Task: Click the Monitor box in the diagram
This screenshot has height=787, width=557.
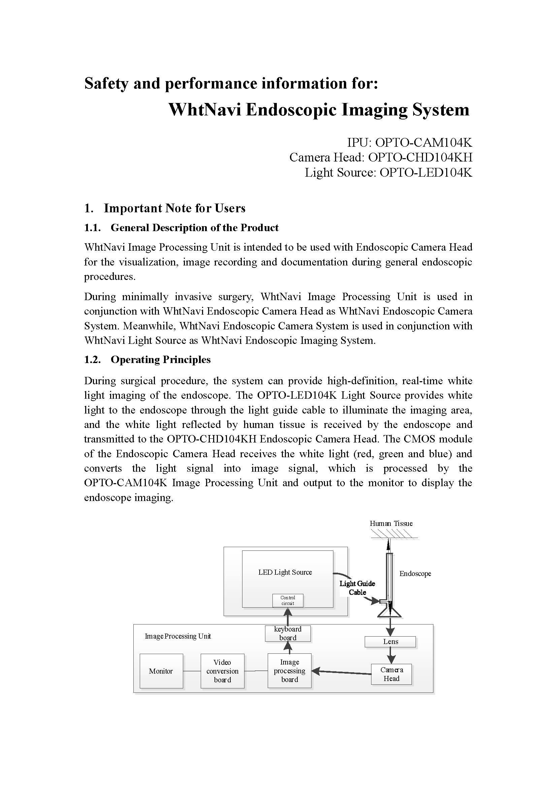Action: [x=161, y=671]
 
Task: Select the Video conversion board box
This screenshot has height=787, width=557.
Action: [x=222, y=671]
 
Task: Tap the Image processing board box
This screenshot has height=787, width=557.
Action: [x=290, y=671]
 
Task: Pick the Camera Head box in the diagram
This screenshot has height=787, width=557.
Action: [x=391, y=674]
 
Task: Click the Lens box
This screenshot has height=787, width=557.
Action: [x=390, y=642]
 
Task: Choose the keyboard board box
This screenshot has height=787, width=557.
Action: [x=288, y=634]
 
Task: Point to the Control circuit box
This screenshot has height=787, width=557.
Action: [x=288, y=601]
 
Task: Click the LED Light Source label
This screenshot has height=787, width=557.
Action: [x=285, y=572]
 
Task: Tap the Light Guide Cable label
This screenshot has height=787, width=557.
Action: [x=357, y=588]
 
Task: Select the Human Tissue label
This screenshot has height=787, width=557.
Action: [x=391, y=524]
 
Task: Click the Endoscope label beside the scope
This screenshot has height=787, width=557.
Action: [x=415, y=573]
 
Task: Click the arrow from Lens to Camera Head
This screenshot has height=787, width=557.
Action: [x=391, y=656]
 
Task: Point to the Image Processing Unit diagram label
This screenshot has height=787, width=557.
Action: [x=178, y=636]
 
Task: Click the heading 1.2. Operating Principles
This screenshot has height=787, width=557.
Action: [x=147, y=360]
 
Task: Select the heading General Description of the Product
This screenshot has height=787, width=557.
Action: [x=194, y=227]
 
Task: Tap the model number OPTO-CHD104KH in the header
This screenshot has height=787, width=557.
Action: [x=420, y=157]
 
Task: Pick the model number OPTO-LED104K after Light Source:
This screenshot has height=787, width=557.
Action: [x=426, y=172]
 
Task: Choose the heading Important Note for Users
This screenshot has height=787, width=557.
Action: [x=174, y=208]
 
